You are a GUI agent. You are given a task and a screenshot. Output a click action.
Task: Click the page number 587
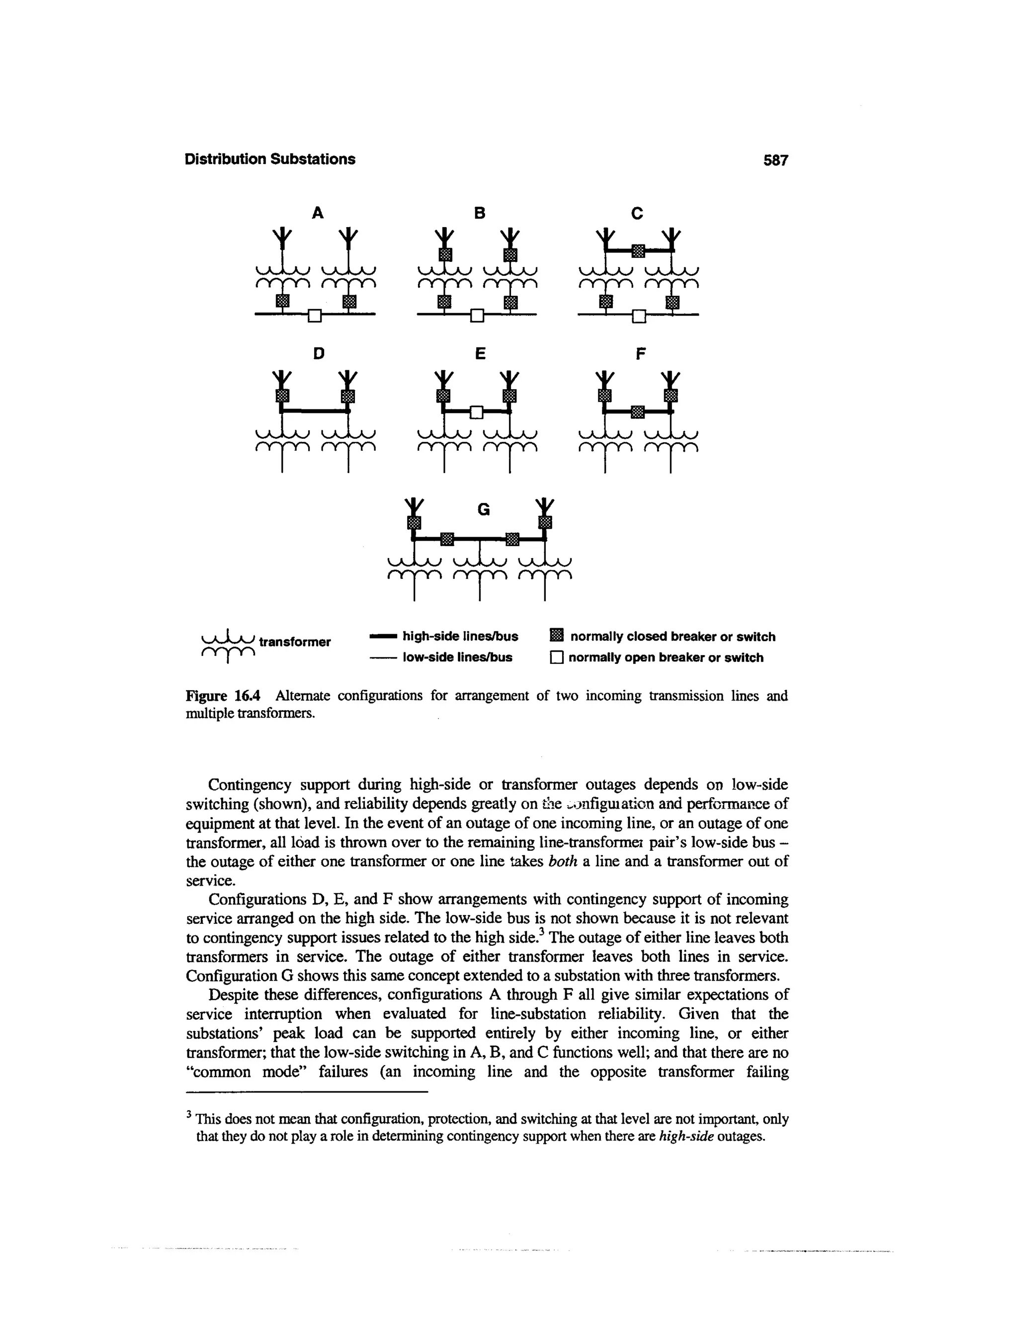pyautogui.click(x=775, y=160)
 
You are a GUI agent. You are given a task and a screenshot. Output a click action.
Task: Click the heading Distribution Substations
pyautogui.click(x=269, y=159)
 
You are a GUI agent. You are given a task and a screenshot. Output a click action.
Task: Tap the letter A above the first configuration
pyautogui.click(x=317, y=213)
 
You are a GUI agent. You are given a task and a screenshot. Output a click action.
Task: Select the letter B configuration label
pyautogui.click(x=480, y=213)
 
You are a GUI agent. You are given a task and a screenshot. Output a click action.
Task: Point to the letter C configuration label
pyautogui.click(x=637, y=213)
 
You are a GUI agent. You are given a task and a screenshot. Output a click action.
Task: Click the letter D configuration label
pyautogui.click(x=319, y=353)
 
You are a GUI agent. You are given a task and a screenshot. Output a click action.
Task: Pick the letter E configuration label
pyautogui.click(x=480, y=353)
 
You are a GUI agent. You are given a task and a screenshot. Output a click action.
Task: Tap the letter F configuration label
pyautogui.click(x=640, y=353)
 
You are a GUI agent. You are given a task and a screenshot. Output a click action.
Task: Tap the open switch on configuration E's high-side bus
pyautogui.click(x=476, y=412)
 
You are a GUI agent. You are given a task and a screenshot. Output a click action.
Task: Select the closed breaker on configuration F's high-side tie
pyautogui.click(x=637, y=412)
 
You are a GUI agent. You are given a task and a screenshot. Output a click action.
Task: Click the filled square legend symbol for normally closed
pyautogui.click(x=557, y=635)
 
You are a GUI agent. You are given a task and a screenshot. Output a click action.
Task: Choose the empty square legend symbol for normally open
pyautogui.click(x=556, y=658)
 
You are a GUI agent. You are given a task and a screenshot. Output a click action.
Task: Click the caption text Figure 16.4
pyautogui.click(x=223, y=696)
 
